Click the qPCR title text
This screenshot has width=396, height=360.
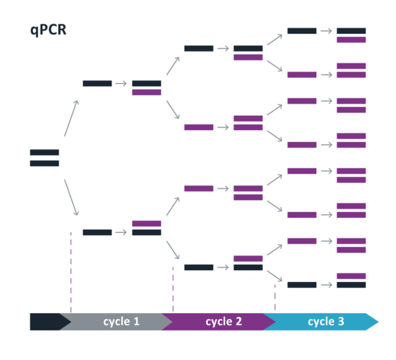tap(48, 30)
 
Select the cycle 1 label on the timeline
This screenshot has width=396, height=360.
tap(121, 322)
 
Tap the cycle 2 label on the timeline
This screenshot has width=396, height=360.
tap(224, 322)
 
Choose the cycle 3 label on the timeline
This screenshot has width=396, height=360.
tap(326, 322)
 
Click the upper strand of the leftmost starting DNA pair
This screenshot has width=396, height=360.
tap(44, 153)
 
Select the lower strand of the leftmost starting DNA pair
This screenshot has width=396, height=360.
tap(44, 163)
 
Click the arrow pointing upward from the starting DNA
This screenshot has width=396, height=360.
tap(71, 118)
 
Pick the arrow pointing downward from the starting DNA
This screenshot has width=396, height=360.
tap(71, 197)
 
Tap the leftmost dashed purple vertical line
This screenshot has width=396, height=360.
tap(71, 271)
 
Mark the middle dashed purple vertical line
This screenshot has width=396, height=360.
tap(173, 289)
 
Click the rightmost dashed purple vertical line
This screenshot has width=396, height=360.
tap(275, 297)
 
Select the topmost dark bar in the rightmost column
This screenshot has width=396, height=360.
tap(351, 31)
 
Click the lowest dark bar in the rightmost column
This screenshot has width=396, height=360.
tap(351, 285)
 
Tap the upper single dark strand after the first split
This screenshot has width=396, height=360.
tap(97, 84)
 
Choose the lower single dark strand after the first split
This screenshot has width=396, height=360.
tap(97, 233)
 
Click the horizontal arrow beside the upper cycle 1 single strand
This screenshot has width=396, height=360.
tap(121, 84)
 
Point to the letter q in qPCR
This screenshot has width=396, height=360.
tap(34, 31)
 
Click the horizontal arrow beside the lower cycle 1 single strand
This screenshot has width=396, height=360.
tap(121, 233)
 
